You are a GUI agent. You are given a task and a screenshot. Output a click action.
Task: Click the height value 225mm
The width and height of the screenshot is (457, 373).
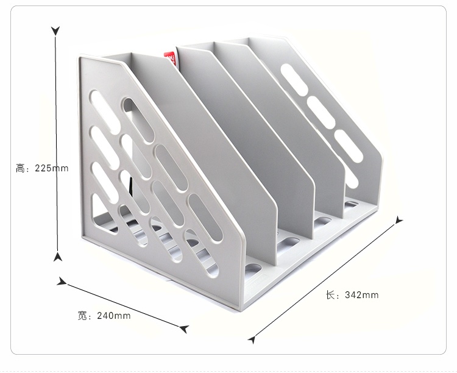tap(52, 168)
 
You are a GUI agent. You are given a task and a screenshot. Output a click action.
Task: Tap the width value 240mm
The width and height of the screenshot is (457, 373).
tap(114, 316)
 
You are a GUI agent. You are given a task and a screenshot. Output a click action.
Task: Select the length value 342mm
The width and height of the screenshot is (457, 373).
tap(362, 295)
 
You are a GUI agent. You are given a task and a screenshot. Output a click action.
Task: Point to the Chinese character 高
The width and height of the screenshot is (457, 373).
tap(20, 168)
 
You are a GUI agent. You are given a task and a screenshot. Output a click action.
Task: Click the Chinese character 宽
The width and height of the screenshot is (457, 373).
tap(82, 316)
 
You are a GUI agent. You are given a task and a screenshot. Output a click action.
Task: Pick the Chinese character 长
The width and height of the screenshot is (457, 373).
tap(330, 295)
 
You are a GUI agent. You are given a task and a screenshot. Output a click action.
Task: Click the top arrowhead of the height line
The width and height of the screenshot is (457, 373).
tap(55, 30)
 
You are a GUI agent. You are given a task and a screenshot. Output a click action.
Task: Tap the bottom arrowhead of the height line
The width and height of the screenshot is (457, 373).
tap(58, 257)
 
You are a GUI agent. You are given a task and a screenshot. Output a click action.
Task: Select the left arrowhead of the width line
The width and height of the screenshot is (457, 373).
tap(62, 282)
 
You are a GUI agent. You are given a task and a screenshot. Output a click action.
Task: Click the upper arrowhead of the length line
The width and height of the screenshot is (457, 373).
tap(399, 220)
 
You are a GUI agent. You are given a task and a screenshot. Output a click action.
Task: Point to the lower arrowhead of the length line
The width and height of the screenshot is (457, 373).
tap(252, 339)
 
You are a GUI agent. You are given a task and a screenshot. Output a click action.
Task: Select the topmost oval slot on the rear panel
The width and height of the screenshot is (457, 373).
tap(294, 79)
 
